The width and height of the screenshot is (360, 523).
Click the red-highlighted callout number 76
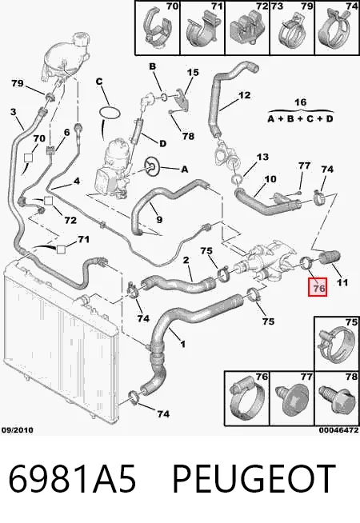[319, 288]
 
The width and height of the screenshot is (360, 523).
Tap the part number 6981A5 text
[73, 479]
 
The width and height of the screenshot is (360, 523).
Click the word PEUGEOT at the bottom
[254, 479]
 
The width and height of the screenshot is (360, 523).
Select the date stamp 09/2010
[18, 430]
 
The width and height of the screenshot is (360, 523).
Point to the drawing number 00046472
[339, 430]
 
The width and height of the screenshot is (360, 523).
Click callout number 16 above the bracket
[300, 102]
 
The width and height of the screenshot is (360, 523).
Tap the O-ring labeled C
[110, 112]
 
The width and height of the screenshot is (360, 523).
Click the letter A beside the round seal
[184, 170]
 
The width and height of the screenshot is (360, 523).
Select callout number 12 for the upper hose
[244, 95]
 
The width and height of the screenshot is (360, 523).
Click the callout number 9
[159, 219]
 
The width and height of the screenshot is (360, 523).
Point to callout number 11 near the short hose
[342, 282]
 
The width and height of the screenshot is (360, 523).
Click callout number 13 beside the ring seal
[262, 157]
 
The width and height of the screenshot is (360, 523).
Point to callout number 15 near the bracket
[193, 73]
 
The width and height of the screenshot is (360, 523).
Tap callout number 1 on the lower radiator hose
[183, 344]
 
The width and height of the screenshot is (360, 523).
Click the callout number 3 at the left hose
[13, 112]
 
